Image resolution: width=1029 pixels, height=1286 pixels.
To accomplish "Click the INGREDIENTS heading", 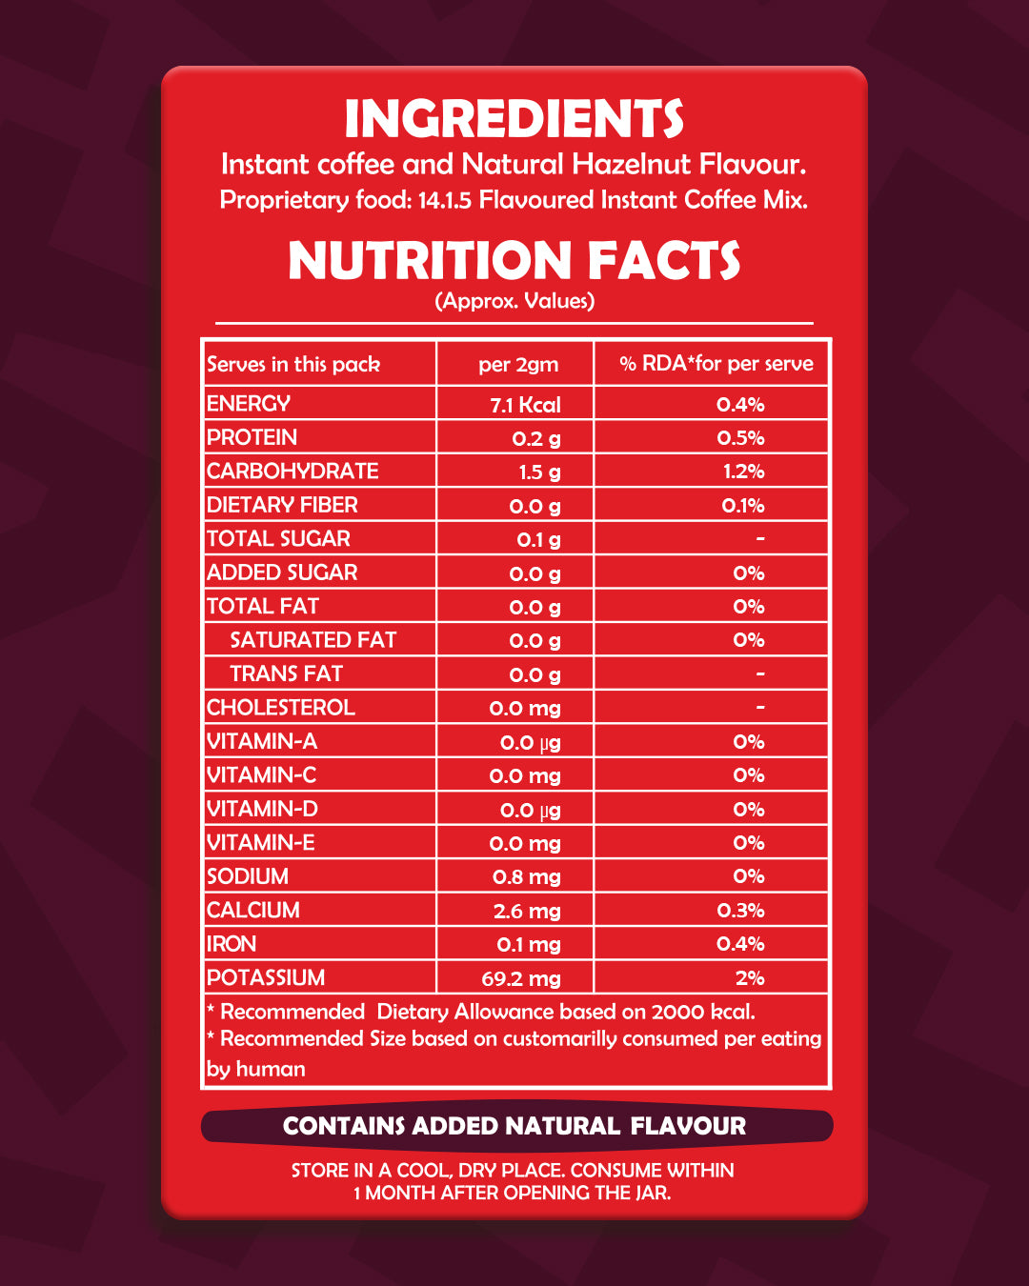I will (514, 119).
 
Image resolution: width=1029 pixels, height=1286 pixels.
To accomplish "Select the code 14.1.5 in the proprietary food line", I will (445, 200).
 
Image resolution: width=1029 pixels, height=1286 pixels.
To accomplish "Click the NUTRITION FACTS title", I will (514, 261).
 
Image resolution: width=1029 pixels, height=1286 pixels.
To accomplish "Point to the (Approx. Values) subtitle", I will (514, 301).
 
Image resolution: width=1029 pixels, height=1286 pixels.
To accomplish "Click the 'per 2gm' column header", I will (518, 365).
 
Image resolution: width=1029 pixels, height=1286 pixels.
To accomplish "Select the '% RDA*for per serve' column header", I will (716, 364).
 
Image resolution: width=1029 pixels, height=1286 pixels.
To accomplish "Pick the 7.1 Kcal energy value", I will (525, 405).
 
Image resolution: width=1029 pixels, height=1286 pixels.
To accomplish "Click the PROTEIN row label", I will (252, 437).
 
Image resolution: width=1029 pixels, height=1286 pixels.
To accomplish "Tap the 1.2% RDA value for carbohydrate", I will (743, 472).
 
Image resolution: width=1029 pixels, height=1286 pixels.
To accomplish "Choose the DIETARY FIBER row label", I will (283, 505).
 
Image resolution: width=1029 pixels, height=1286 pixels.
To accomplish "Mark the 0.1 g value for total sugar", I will (538, 540).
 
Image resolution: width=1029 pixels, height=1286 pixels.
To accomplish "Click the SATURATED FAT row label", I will (313, 640).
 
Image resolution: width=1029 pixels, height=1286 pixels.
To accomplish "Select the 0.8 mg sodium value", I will (526, 877).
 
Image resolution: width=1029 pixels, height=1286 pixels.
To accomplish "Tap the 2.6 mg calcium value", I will (527, 912).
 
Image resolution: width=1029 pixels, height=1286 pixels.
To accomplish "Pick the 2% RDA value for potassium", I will (750, 978).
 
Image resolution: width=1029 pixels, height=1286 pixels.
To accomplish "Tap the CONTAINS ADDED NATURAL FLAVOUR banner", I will (514, 1126).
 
